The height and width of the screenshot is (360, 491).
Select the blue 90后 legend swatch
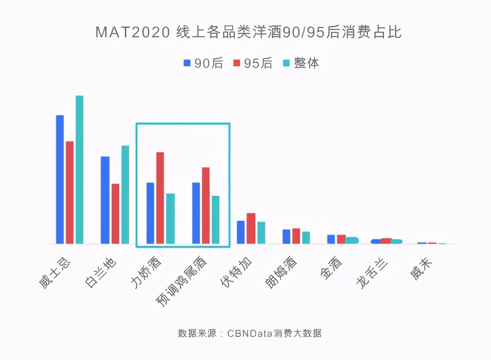click(187, 63)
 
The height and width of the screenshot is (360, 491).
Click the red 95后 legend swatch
click(237, 63)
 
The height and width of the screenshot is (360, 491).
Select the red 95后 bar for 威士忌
click(70, 192)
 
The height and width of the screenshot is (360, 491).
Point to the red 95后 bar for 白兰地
click(115, 214)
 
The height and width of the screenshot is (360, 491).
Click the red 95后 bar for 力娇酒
click(160, 198)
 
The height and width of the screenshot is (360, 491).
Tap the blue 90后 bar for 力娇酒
click(150, 213)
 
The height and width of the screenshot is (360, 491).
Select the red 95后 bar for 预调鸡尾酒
click(206, 206)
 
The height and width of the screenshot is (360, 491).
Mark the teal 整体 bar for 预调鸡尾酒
click(216, 220)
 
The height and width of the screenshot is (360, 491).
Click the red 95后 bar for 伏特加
click(251, 228)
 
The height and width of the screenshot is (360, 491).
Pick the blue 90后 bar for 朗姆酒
click(287, 236)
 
